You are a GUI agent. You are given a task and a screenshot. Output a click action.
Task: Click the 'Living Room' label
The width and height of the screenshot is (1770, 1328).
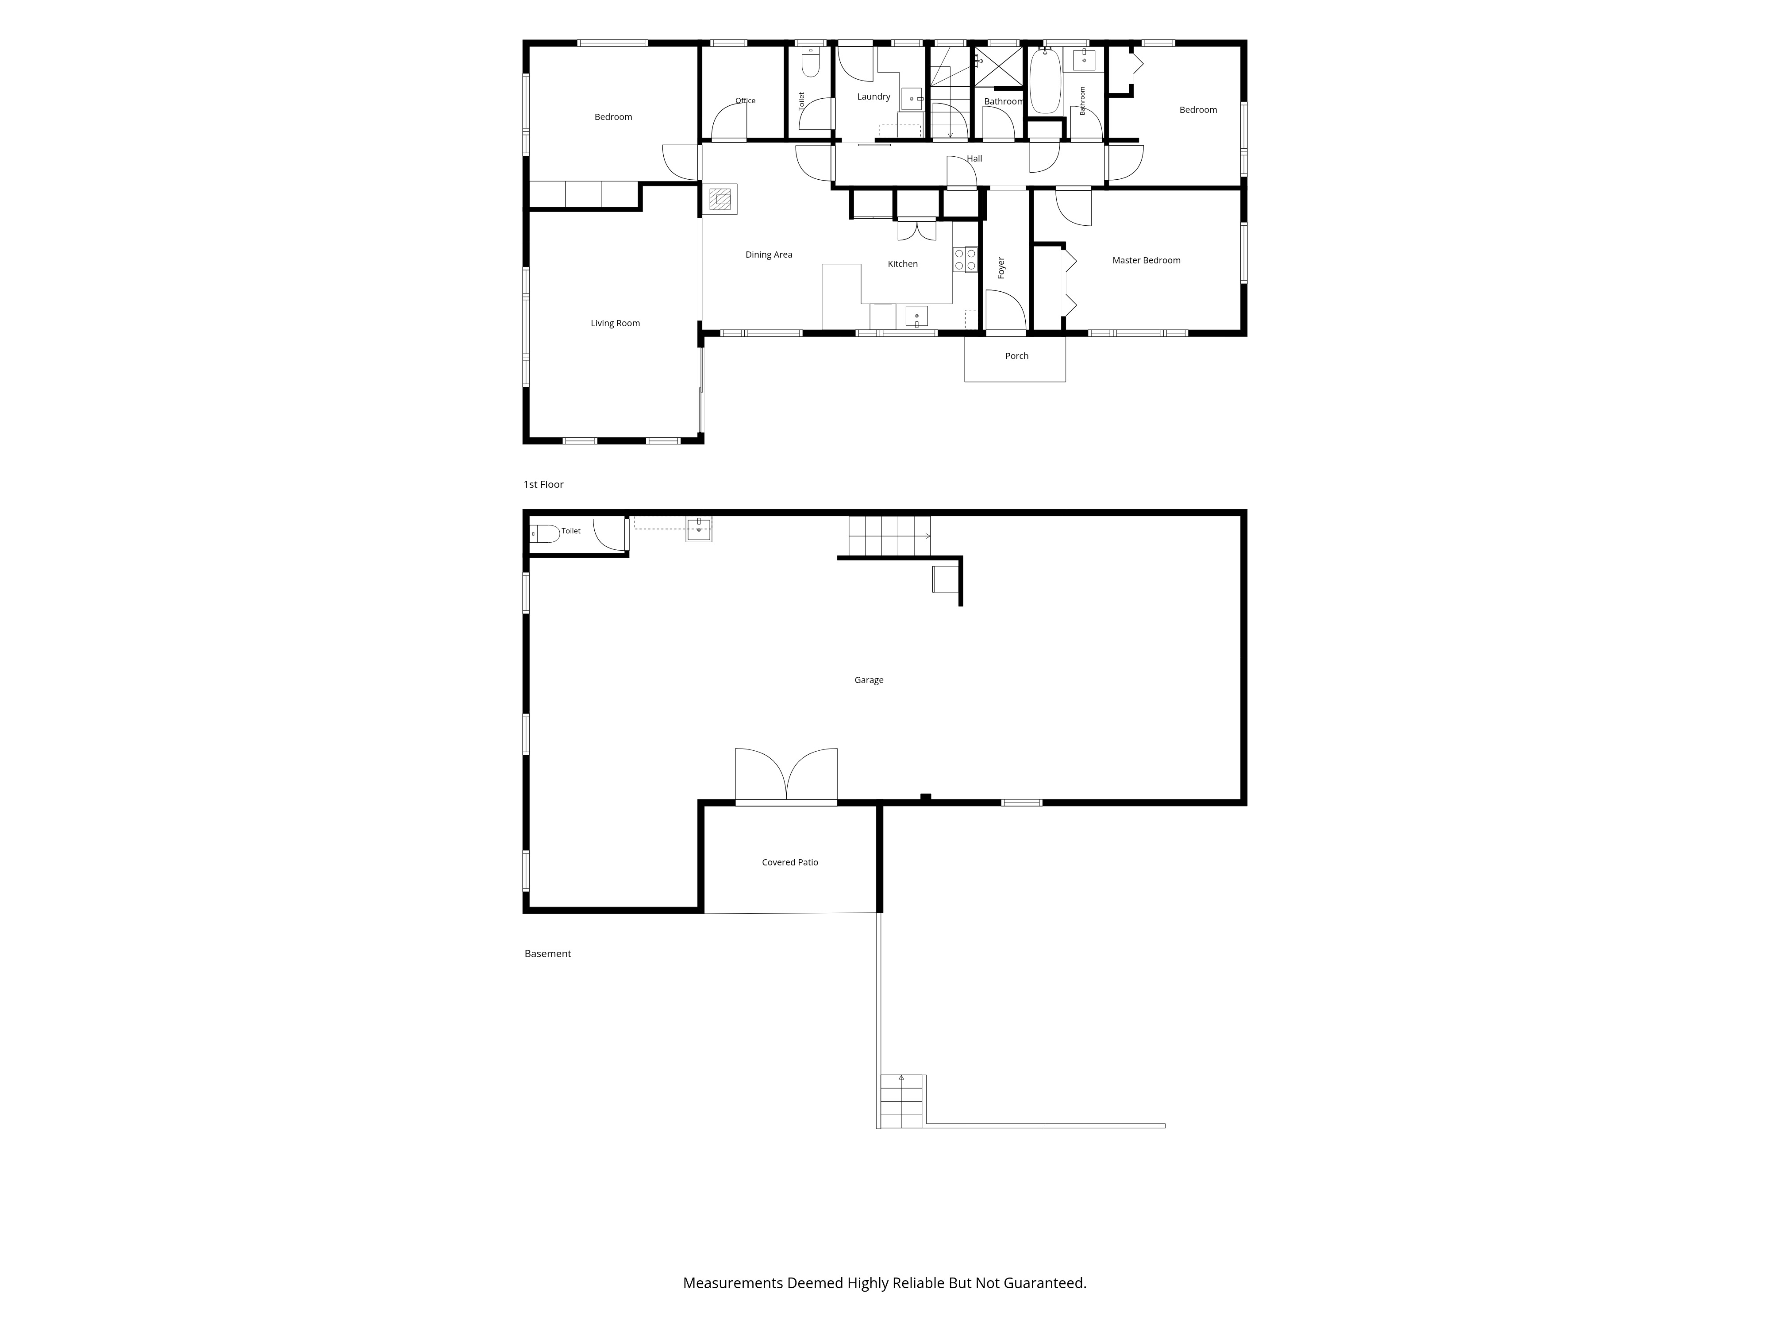[x=616, y=324]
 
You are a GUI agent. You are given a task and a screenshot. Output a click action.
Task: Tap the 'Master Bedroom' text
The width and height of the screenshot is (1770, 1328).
[x=1146, y=260]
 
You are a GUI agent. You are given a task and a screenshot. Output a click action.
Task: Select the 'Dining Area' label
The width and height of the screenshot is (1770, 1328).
[x=769, y=255]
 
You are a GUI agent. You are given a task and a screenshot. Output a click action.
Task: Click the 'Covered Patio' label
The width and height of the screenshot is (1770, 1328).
[x=790, y=862]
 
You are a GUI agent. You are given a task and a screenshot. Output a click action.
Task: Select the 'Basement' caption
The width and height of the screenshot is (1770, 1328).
[x=548, y=954]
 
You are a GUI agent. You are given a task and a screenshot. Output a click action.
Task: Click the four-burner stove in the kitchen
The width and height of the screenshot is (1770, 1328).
[x=965, y=259]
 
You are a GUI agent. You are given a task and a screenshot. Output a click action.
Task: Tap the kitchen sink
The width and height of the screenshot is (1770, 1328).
[x=917, y=316]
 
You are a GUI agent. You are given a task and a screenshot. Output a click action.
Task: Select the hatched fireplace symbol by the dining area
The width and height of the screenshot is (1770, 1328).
[x=720, y=199]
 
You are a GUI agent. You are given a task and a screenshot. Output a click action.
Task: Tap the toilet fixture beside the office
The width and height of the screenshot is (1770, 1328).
[x=811, y=63]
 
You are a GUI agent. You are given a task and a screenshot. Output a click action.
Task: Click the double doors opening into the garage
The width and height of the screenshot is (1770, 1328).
[x=787, y=775]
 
